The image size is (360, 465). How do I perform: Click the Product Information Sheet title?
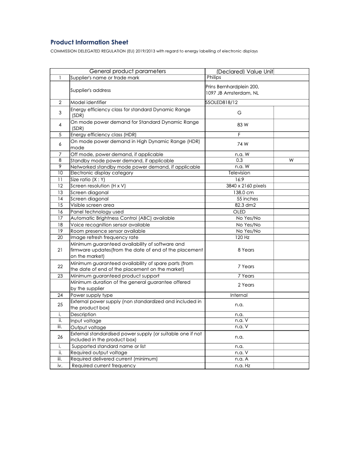[x=89, y=42]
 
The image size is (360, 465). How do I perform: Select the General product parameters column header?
[x=128, y=71]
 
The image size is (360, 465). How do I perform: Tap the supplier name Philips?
[x=214, y=78]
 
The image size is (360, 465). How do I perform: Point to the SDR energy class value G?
[x=239, y=112]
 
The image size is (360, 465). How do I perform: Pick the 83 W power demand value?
[x=239, y=125]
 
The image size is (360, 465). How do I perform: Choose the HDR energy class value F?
[x=239, y=135]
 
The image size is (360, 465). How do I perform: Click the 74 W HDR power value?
[x=239, y=144]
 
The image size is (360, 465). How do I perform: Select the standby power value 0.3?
[x=239, y=160]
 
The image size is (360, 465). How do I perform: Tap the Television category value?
[x=239, y=173]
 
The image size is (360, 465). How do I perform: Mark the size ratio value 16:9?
[x=239, y=179]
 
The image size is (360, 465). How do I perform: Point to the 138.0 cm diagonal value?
[x=239, y=192]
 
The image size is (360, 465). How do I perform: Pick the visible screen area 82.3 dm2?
[x=239, y=205]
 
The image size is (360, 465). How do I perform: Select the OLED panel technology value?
[x=239, y=212]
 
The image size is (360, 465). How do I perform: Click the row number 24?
[x=60, y=296]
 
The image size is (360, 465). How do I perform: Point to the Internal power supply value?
[x=239, y=296]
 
